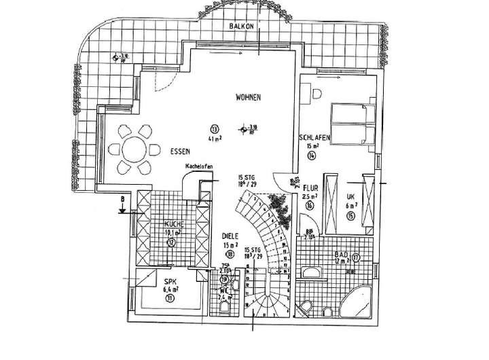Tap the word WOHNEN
coord(249,97)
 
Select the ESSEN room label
coord(180,151)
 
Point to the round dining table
coord(132,148)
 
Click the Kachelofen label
coord(199,166)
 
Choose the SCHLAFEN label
coord(314,138)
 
